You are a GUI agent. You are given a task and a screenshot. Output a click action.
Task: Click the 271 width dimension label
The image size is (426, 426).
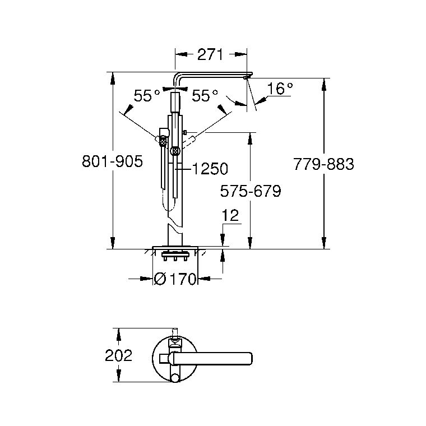pyautogui.click(x=210, y=54)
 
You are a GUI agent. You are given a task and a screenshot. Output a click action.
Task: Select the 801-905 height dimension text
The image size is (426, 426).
pyautogui.click(x=112, y=161)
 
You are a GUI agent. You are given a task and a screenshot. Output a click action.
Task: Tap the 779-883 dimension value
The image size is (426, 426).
pyautogui.click(x=323, y=164)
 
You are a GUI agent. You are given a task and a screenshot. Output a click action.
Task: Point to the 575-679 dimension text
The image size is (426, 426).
pyautogui.click(x=251, y=191)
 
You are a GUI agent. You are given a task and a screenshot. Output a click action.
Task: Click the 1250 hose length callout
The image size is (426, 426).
pyautogui.click(x=210, y=169)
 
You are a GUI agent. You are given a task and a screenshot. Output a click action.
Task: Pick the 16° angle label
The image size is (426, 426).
pyautogui.click(x=280, y=89)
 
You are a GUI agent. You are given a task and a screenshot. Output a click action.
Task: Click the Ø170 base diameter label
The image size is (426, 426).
pyautogui.click(x=175, y=279)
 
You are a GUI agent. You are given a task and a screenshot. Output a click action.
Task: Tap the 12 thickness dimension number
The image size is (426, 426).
pyautogui.click(x=230, y=215)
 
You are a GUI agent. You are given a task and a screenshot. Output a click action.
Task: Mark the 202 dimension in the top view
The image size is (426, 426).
pyautogui.click(x=118, y=355)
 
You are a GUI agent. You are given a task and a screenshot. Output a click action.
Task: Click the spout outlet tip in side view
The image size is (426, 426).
pyautogui.click(x=246, y=78)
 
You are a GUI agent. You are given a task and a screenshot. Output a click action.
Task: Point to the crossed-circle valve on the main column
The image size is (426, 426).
pyautogui.click(x=175, y=151)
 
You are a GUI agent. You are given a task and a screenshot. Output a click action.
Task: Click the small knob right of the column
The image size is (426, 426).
pyautogui.click(x=186, y=132)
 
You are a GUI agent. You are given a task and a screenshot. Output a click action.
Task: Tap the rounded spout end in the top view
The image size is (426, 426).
pyautogui.click(x=249, y=359)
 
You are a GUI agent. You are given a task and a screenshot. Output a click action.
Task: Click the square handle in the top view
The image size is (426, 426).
pyautogui.click(x=165, y=359)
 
